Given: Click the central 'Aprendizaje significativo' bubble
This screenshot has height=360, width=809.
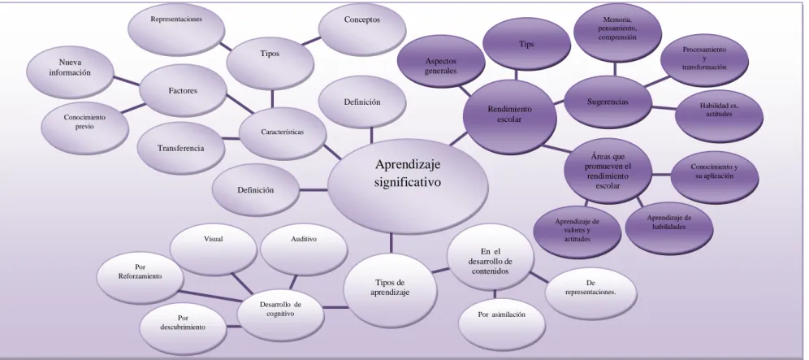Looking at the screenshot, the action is click(408, 186).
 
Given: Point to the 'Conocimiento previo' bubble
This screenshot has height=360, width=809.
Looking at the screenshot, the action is click(84, 128).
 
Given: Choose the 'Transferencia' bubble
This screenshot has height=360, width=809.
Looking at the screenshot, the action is click(181, 148).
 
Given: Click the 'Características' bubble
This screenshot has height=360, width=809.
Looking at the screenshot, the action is click(283, 134).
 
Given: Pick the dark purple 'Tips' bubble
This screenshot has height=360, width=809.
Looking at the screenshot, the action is click(526, 44).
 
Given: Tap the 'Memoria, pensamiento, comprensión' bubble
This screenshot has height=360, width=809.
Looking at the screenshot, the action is click(617, 29).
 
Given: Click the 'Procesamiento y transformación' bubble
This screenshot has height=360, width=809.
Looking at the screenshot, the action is click(704, 59).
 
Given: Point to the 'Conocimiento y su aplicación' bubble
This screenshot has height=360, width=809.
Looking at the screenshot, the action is click(715, 176).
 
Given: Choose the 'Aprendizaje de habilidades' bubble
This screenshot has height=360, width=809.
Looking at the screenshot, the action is click(669, 228).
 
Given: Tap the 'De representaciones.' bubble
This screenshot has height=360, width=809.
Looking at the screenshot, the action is click(591, 293).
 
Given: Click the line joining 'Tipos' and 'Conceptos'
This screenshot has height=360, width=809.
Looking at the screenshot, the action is click(311, 41).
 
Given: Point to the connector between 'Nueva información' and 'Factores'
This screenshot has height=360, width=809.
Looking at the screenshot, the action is click(127, 82).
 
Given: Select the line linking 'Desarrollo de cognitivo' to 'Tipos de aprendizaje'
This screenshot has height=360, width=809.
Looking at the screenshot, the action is click(336, 308).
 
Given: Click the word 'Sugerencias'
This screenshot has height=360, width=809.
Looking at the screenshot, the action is click(608, 102).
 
